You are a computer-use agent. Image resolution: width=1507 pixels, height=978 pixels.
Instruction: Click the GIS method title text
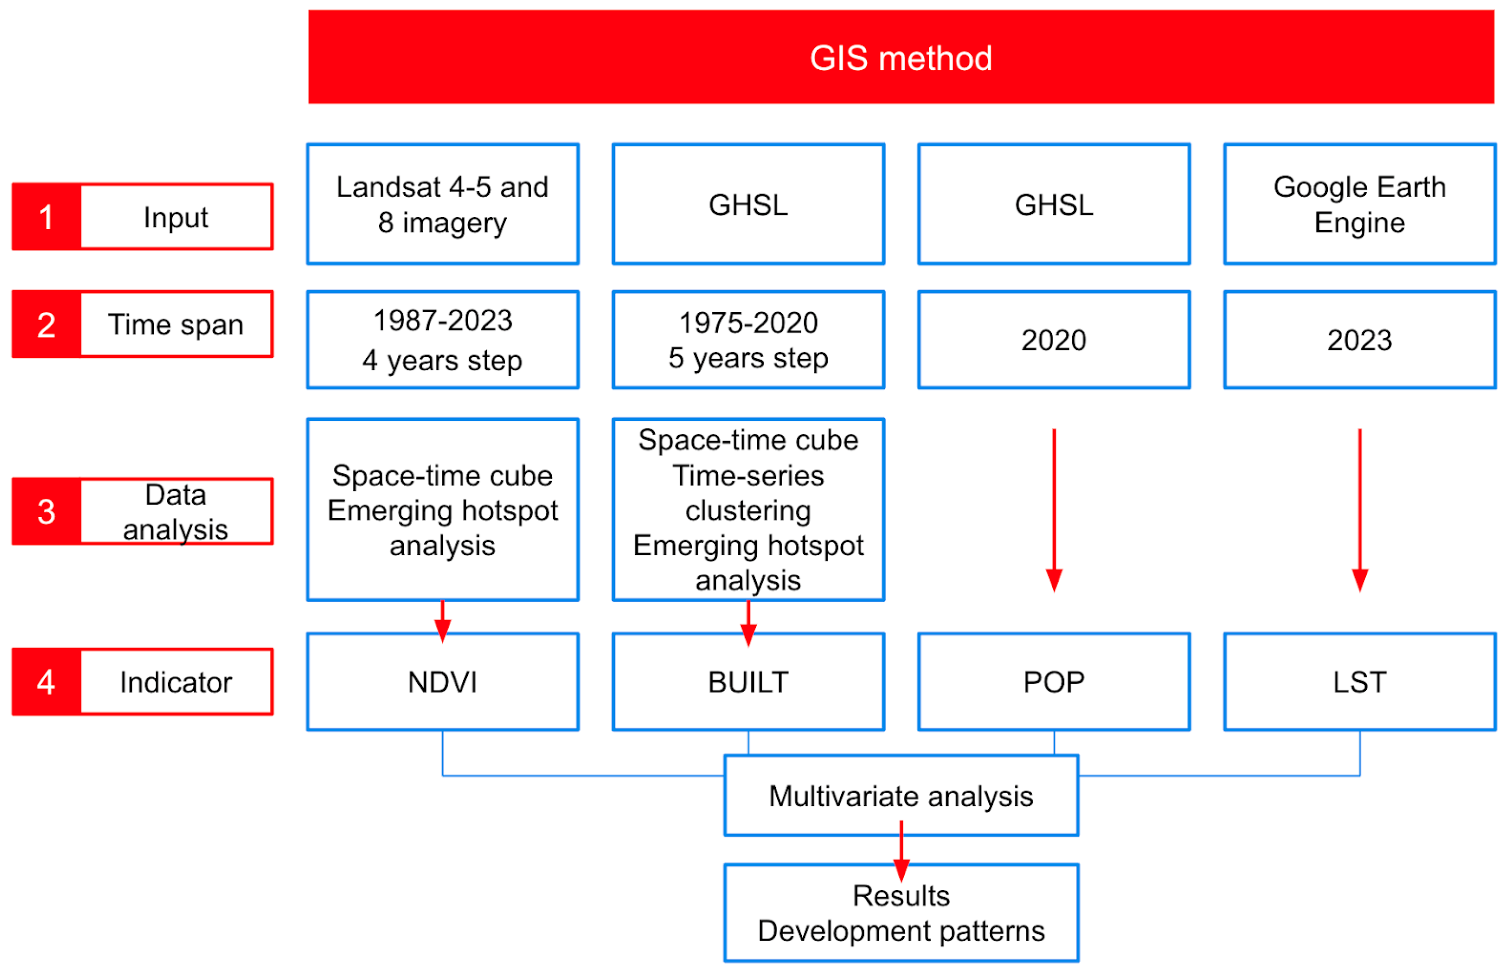(901, 58)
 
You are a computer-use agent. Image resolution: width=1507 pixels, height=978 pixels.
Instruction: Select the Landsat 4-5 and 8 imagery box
(442, 204)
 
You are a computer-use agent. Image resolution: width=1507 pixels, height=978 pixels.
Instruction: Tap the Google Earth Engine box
(1360, 204)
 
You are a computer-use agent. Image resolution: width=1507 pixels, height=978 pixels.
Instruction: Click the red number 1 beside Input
(46, 217)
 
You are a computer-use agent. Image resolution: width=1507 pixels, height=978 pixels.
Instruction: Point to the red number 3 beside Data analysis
(46, 512)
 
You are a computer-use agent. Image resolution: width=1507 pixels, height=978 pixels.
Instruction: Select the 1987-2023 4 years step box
(442, 339)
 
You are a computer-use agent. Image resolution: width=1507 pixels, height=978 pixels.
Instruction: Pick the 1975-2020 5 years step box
(748, 339)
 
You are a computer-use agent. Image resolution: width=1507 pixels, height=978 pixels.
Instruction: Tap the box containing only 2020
(1053, 339)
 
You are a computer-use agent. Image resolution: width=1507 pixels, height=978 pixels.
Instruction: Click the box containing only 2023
(1360, 339)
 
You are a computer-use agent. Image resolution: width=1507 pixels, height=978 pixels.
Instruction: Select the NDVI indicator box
(442, 682)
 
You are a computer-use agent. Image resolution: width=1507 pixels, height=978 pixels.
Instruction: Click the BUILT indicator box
(748, 682)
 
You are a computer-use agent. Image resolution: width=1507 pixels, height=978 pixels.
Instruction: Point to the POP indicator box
(1053, 682)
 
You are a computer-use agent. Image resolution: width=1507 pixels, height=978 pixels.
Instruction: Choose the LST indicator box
(1360, 682)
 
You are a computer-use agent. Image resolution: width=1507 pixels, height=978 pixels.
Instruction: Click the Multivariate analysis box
(901, 796)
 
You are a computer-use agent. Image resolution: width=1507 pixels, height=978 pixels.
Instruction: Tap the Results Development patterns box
(901, 913)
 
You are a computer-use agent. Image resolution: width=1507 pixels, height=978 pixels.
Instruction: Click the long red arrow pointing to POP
(1053, 507)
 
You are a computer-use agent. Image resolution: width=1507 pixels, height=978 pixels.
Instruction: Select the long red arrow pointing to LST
(1360, 507)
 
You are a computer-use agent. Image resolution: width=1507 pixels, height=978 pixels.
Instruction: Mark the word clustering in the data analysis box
(748, 510)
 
